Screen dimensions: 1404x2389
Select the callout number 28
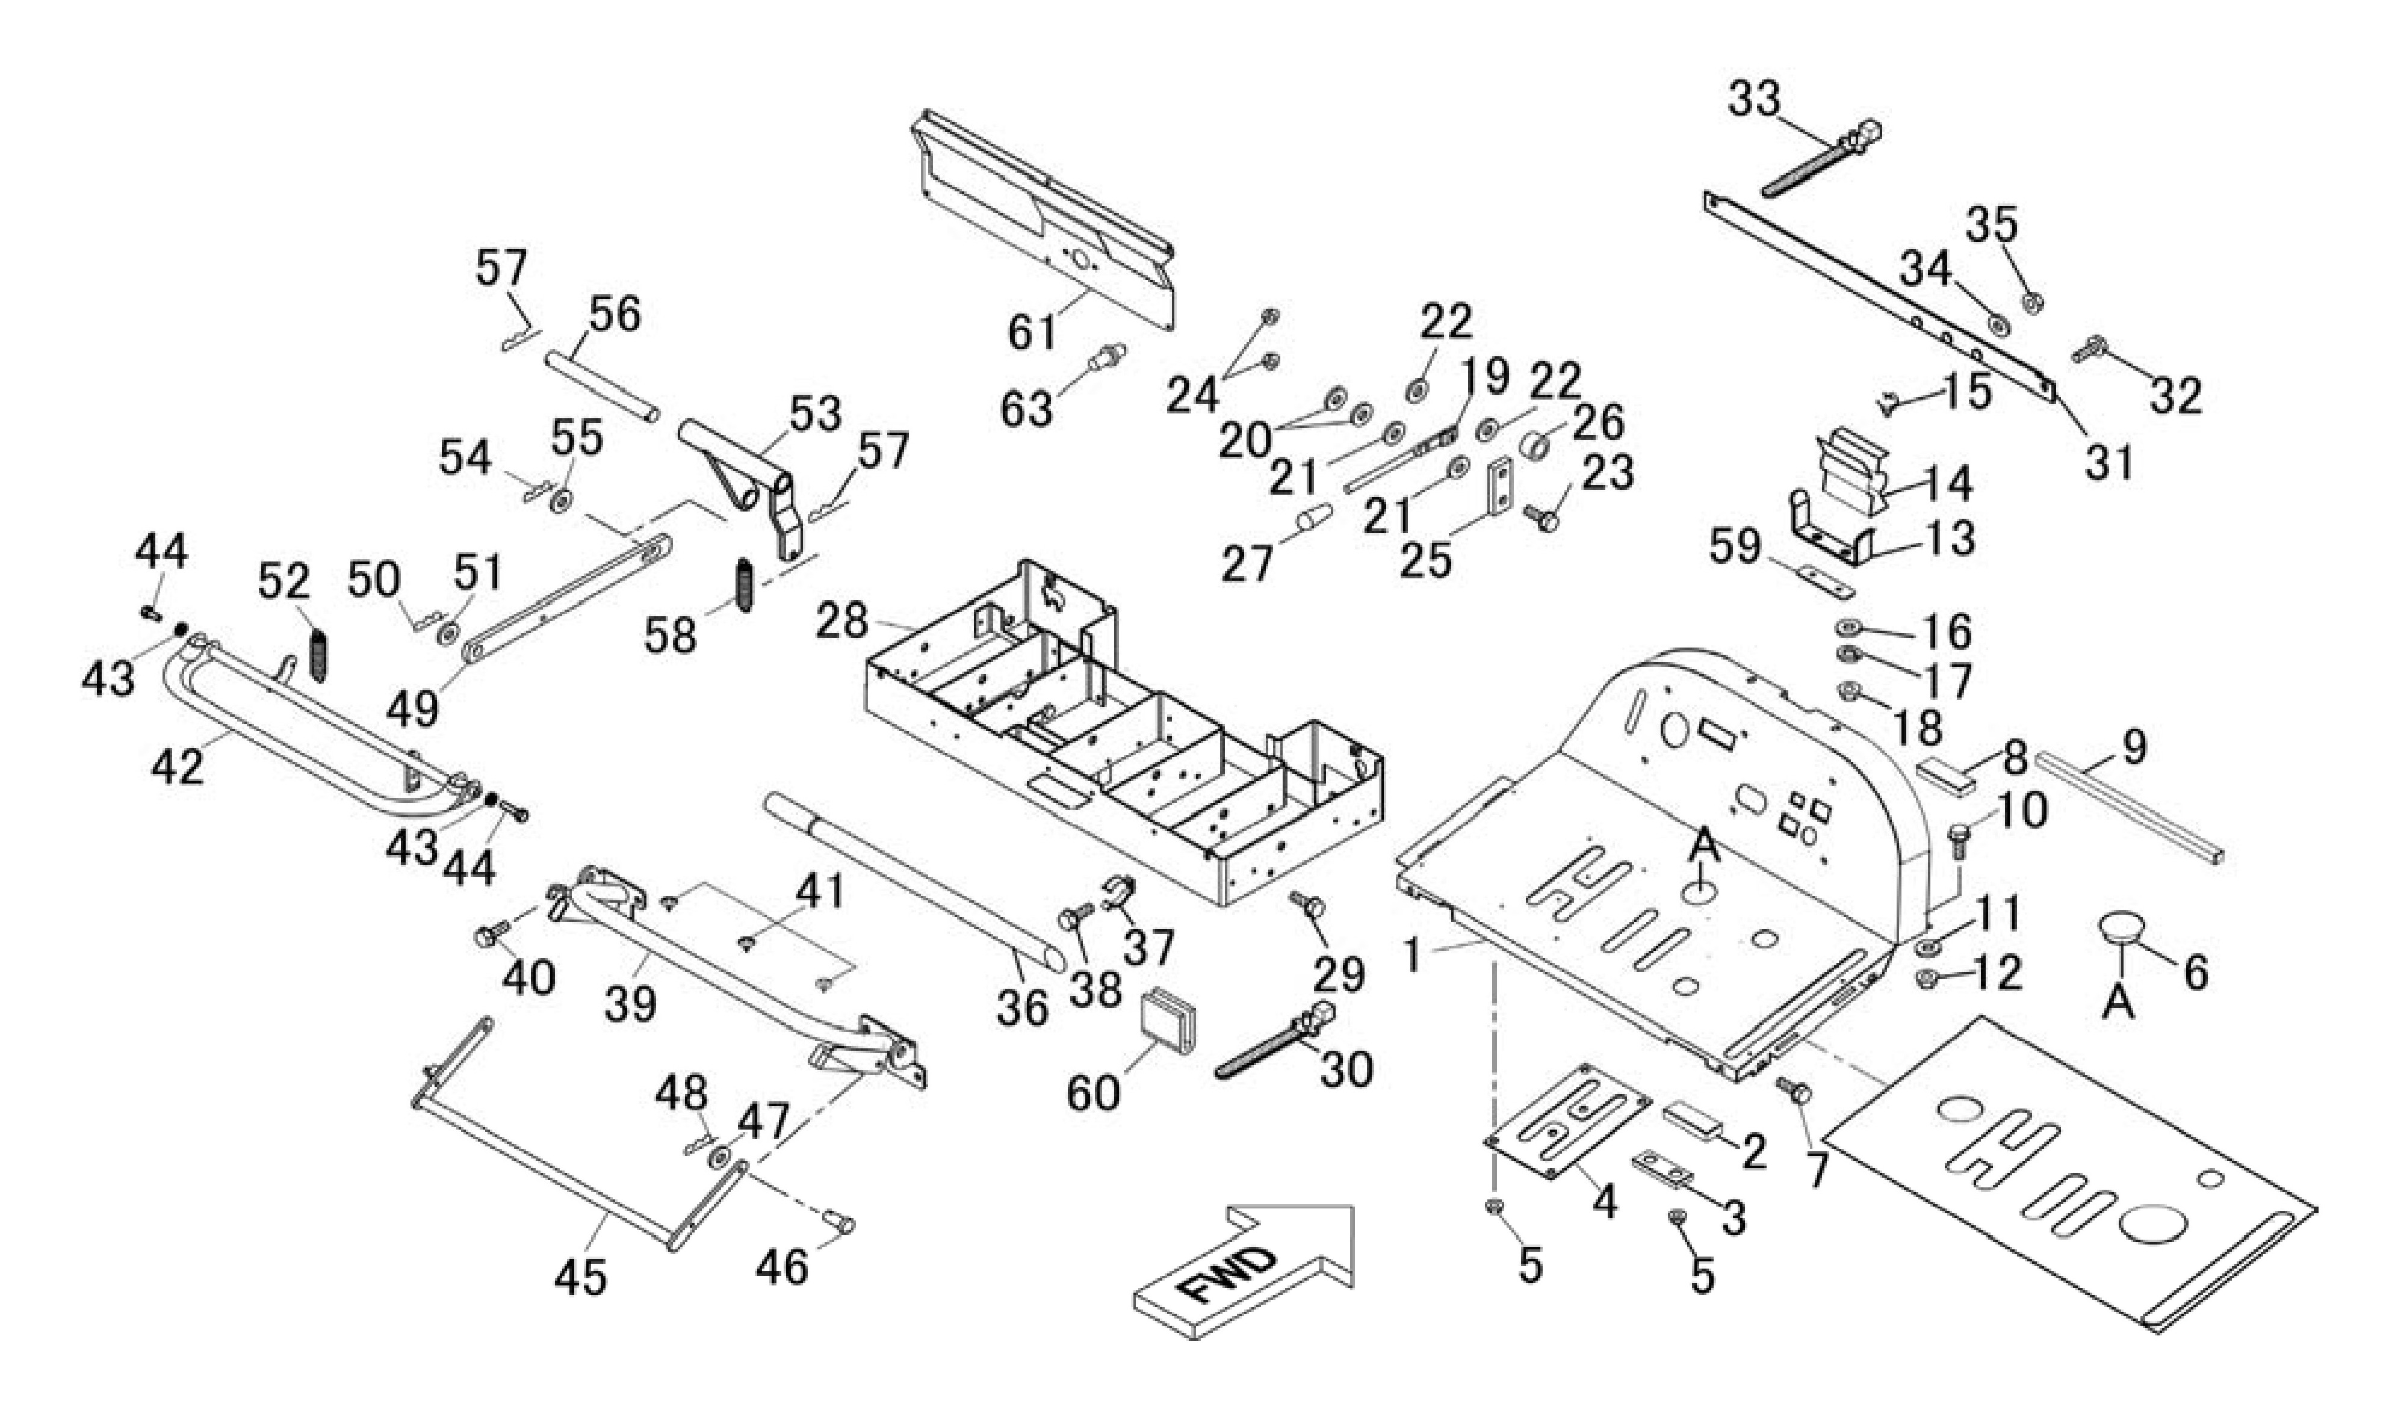coord(842,621)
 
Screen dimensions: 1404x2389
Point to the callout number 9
coord(2133,748)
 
